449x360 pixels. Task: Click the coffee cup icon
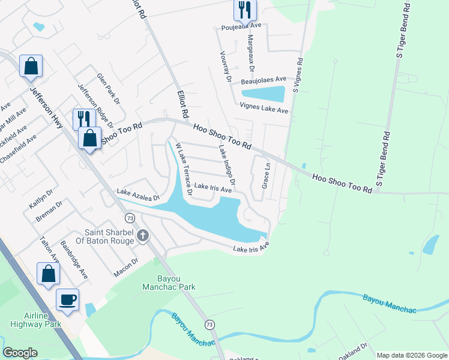[x=67, y=299]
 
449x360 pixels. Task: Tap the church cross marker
[x=142, y=235]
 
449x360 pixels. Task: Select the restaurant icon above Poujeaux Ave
[x=244, y=8]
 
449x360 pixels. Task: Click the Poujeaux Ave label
[x=240, y=26]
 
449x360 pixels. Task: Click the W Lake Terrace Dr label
[x=183, y=169]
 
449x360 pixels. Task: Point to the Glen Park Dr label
[x=109, y=89]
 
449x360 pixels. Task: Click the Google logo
[x=20, y=353]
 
